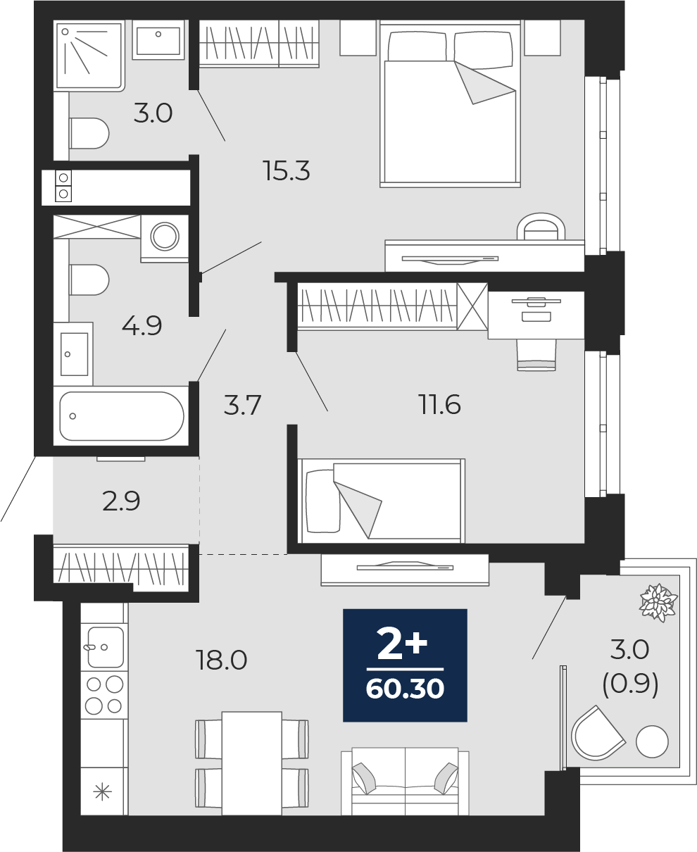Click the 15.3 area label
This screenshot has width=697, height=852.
tap(286, 170)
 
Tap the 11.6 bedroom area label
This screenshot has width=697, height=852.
tap(439, 404)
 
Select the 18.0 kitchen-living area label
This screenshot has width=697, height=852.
tap(221, 660)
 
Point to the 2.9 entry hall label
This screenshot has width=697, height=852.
tap(121, 501)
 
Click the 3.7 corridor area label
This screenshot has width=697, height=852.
tap(242, 405)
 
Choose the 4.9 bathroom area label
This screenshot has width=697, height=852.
tap(142, 325)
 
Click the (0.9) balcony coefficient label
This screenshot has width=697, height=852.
tap(630, 684)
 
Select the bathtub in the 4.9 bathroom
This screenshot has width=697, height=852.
tap(121, 415)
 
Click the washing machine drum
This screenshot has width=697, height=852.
tap(165, 236)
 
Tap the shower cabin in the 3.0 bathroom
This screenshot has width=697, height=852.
tap(89, 56)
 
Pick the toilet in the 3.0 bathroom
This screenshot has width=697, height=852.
tap(89, 133)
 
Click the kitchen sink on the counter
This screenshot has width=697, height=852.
tap(105, 647)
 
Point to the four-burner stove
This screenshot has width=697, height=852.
tap(104, 696)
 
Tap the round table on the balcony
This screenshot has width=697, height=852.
tap(652, 741)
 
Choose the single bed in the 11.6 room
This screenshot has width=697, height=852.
tap(382, 501)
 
